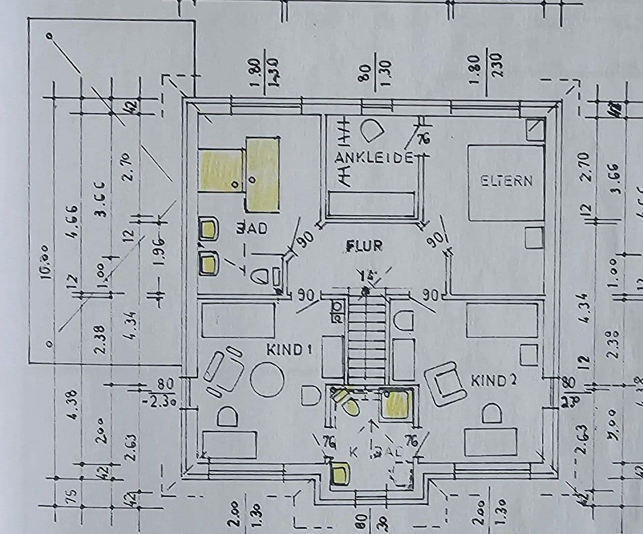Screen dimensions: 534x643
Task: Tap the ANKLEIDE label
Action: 374,158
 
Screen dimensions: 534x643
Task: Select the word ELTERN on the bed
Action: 506,181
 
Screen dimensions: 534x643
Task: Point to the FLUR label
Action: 364,246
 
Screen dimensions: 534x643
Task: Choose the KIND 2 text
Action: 493,381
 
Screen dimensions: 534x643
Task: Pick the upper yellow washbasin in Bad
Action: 209,228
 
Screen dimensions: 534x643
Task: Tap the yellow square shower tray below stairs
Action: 397,403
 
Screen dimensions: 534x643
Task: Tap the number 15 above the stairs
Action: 368,275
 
